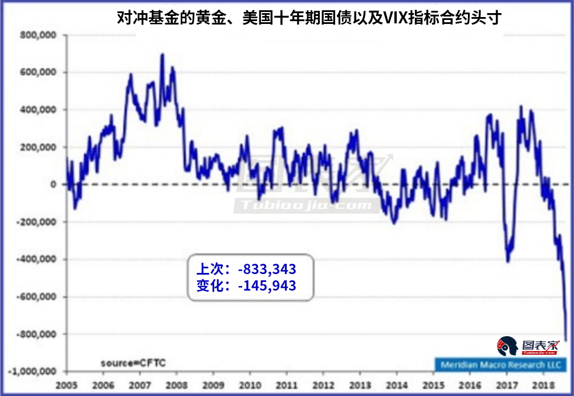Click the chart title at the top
pos(308,18)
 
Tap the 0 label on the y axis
pos(53,185)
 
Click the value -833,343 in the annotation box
pos(267,269)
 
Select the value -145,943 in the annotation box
pos(267,285)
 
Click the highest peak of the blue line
pos(162,55)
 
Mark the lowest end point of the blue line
pos(566,340)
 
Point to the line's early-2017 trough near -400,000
pos(508,261)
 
